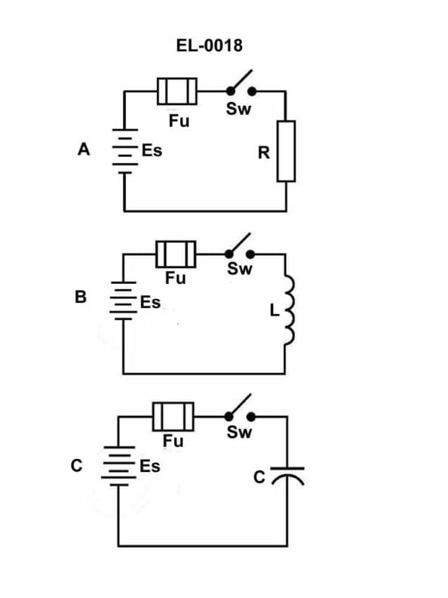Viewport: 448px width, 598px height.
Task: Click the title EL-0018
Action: (x=209, y=46)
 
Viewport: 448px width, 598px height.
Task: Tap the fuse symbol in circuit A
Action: (x=177, y=92)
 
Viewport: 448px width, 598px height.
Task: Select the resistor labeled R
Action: (x=286, y=151)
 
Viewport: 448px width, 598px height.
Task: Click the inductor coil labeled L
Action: (x=287, y=311)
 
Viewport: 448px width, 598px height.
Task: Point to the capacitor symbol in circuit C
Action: (x=287, y=474)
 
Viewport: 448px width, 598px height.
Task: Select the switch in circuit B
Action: (x=239, y=250)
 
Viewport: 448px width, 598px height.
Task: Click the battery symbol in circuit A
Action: (x=124, y=151)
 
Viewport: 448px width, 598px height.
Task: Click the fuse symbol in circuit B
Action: (x=176, y=253)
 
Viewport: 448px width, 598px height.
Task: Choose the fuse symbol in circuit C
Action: (x=173, y=415)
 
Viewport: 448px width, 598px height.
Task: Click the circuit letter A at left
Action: (x=84, y=149)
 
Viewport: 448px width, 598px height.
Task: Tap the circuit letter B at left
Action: (x=81, y=297)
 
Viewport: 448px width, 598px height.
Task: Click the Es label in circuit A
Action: (x=152, y=150)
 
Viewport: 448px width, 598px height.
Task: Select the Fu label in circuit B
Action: (x=176, y=279)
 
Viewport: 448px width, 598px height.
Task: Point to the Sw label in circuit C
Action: (x=239, y=433)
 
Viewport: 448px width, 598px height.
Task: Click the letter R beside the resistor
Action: (x=263, y=153)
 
